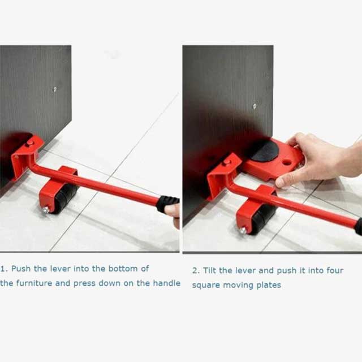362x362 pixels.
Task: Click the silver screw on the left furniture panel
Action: [55, 89]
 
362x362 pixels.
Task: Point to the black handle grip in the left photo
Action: [167, 202]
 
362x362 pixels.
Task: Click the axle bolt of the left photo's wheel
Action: [45, 210]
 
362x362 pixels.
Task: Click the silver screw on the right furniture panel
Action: [255, 106]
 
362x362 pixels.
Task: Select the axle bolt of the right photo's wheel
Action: [243, 230]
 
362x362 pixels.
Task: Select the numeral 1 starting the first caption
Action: [3, 268]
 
